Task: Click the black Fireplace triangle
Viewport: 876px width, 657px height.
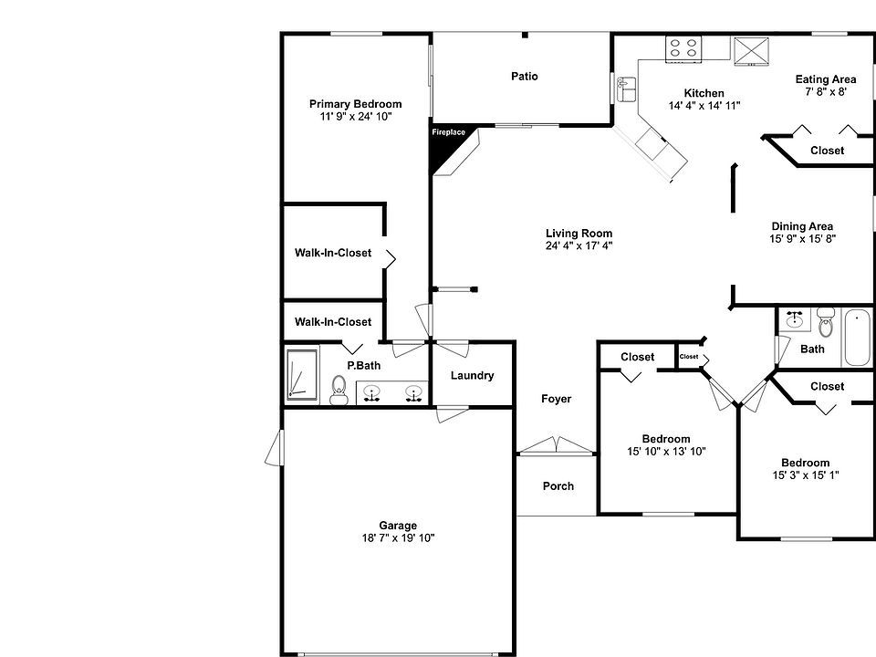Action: click(x=444, y=147)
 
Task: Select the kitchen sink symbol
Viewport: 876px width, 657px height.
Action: click(x=626, y=89)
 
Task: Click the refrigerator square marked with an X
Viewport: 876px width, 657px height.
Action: click(x=751, y=51)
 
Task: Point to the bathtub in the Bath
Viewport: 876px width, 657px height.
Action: click(x=857, y=338)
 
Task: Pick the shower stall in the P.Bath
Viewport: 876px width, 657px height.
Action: click(x=300, y=373)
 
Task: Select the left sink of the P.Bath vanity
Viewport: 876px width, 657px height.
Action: click(x=372, y=393)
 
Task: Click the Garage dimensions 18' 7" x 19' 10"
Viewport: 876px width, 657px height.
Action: click(x=398, y=538)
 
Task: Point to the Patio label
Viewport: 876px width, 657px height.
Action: click(x=524, y=77)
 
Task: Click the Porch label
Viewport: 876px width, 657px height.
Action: click(x=558, y=486)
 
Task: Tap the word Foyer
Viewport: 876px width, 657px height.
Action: click(x=557, y=399)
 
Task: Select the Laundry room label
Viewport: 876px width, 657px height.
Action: click(x=472, y=375)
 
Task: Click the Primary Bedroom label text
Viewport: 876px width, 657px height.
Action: click(x=355, y=104)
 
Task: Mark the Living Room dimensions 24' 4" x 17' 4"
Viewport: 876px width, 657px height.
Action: click(x=579, y=245)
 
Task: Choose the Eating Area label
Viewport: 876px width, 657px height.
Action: click(x=825, y=79)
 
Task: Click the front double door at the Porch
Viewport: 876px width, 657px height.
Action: click(x=556, y=447)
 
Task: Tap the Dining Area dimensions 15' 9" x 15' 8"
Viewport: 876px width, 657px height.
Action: click(x=802, y=238)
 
